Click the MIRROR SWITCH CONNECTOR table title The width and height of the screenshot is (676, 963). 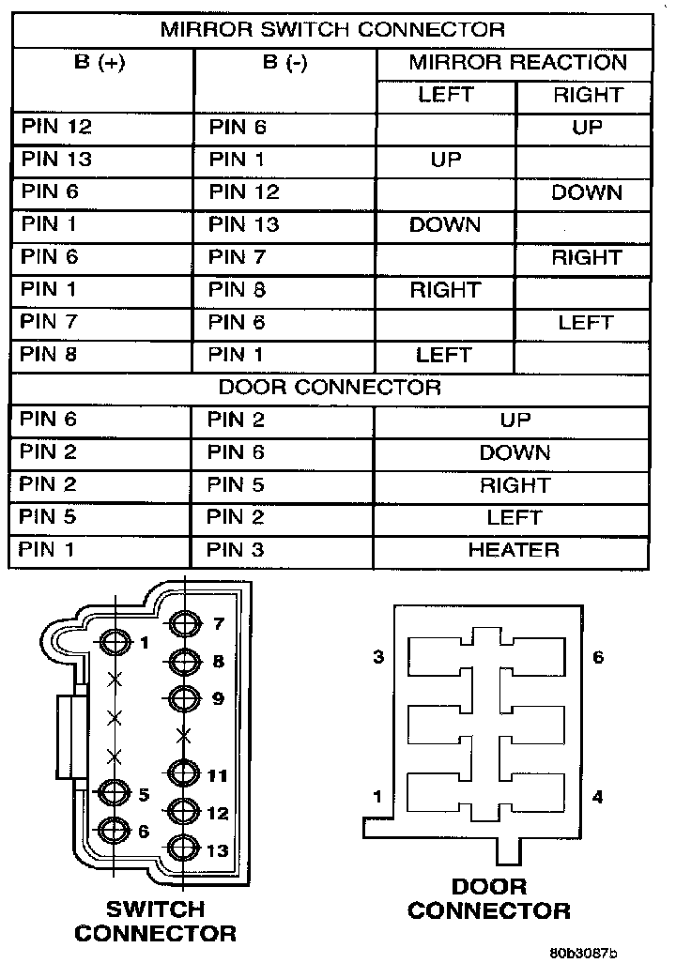(x=332, y=29)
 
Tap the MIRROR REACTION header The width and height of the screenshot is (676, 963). (x=517, y=64)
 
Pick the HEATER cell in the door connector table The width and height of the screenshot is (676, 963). (x=514, y=550)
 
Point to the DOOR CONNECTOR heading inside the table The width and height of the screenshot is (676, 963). (x=330, y=387)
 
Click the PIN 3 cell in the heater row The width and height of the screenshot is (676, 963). (x=236, y=550)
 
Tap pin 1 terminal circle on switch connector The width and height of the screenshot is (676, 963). (x=115, y=642)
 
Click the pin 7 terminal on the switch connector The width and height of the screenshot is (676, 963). (x=186, y=623)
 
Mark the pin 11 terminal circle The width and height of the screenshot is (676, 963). (x=186, y=774)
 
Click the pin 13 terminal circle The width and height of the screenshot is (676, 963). (x=186, y=848)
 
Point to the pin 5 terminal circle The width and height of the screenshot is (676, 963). (x=115, y=794)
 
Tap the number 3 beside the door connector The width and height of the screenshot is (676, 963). (x=378, y=657)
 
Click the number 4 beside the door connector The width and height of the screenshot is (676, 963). (x=598, y=797)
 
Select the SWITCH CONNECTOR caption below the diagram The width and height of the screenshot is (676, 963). (x=155, y=921)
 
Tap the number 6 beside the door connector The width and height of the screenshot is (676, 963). (x=598, y=657)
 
